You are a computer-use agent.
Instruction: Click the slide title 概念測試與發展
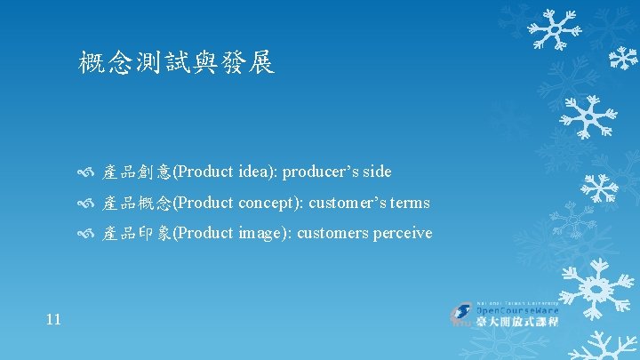[x=176, y=63]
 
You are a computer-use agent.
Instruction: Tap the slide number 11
[x=52, y=318]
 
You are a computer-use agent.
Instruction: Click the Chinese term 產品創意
[x=137, y=172]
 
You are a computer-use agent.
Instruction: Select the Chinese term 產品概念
[x=137, y=204]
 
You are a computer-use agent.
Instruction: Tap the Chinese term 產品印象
[x=137, y=234]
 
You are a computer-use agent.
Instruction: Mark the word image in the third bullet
[x=262, y=234]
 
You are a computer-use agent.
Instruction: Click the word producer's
[x=321, y=172]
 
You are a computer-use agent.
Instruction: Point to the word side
[x=376, y=172]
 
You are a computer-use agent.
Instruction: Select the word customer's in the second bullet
[x=347, y=204]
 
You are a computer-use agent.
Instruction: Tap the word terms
[x=409, y=204]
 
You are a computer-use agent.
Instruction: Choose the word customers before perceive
[x=330, y=234]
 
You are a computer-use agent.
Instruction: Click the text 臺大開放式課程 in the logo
[x=517, y=322]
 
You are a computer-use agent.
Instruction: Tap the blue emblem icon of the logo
[x=462, y=314]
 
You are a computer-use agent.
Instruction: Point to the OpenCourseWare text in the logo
[x=518, y=309]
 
